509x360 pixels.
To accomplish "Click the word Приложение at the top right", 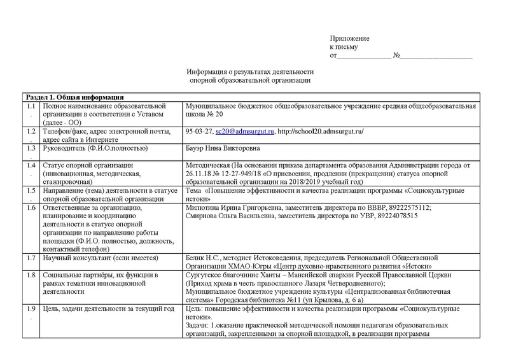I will click(349, 39).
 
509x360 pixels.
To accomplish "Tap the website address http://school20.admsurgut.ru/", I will click(321, 132).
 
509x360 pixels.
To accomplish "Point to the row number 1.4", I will click(31, 165).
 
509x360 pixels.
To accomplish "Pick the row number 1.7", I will click(31, 258).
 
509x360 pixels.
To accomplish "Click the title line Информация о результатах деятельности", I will click(250, 73).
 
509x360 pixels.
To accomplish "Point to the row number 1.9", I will click(31, 308).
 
